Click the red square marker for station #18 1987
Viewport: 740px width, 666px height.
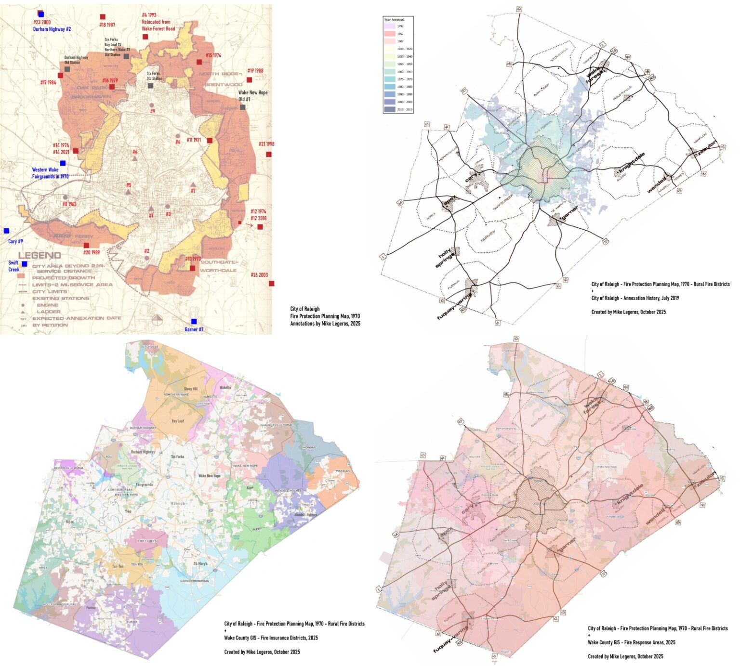pyautogui.click(x=102, y=17)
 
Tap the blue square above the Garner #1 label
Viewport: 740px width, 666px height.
pyautogui.click(x=194, y=321)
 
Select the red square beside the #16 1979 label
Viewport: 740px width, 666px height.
pyautogui.click(x=112, y=87)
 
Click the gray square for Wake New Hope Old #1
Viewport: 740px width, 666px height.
pyautogui.click(x=243, y=107)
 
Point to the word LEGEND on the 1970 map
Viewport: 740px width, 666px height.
pyautogui.click(x=40, y=255)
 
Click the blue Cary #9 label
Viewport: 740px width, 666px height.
pyautogui.click(x=15, y=241)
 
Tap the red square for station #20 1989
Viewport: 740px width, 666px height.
pyautogui.click(x=87, y=245)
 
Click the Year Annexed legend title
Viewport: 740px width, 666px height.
pyautogui.click(x=394, y=20)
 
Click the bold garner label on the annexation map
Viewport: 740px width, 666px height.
pyautogui.click(x=568, y=213)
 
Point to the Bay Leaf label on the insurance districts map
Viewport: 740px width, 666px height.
pyautogui.click(x=177, y=421)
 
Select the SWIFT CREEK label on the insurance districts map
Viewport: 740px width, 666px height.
pyautogui.click(x=147, y=541)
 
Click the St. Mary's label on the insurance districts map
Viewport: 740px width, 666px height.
pyautogui.click(x=200, y=563)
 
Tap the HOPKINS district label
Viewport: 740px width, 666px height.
pyautogui.click(x=309, y=447)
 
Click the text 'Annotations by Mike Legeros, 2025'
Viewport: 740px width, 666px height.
pyautogui.click(x=325, y=324)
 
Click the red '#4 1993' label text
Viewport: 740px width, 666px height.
pyautogui.click(x=149, y=15)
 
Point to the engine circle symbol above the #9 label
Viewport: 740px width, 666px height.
pyautogui.click(x=152, y=104)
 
